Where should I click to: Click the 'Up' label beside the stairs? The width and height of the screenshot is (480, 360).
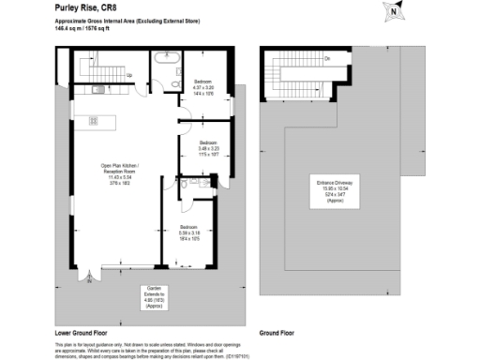pyautogui.click(x=129, y=75)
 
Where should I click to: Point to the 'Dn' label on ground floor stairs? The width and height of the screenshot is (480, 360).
pyautogui.click(x=327, y=59)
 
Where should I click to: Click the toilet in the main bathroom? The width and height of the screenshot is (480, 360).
pyautogui.click(x=160, y=87)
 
